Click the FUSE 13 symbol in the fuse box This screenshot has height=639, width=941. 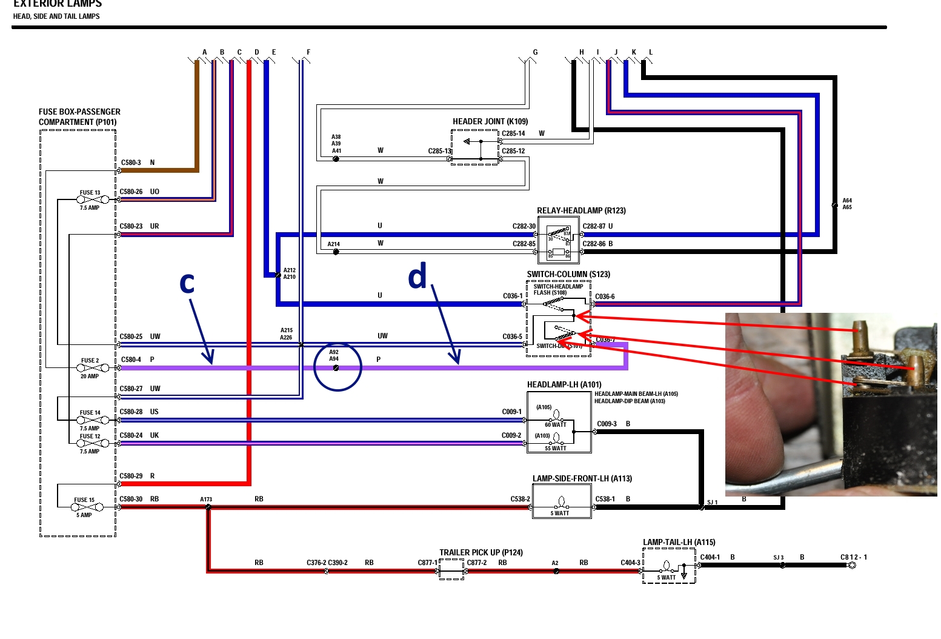(93, 199)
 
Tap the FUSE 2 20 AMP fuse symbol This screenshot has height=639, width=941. (93, 368)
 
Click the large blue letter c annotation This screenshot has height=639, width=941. (187, 284)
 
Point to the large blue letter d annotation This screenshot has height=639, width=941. (417, 276)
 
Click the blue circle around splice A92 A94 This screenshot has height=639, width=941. (337, 367)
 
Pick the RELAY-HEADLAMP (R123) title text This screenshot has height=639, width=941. (581, 211)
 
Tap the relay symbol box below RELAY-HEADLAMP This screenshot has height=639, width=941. (558, 240)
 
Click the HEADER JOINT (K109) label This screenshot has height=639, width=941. (490, 122)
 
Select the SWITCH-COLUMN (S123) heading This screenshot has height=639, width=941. (568, 275)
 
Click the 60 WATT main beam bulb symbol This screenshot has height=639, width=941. (557, 415)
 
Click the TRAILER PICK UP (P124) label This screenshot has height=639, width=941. (480, 552)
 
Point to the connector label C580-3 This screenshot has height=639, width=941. (131, 162)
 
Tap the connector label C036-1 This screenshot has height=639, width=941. (513, 296)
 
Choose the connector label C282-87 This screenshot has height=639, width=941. (594, 226)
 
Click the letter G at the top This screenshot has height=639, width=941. (535, 53)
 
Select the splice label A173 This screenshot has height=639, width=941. (206, 500)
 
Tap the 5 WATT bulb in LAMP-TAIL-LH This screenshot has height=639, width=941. (667, 567)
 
